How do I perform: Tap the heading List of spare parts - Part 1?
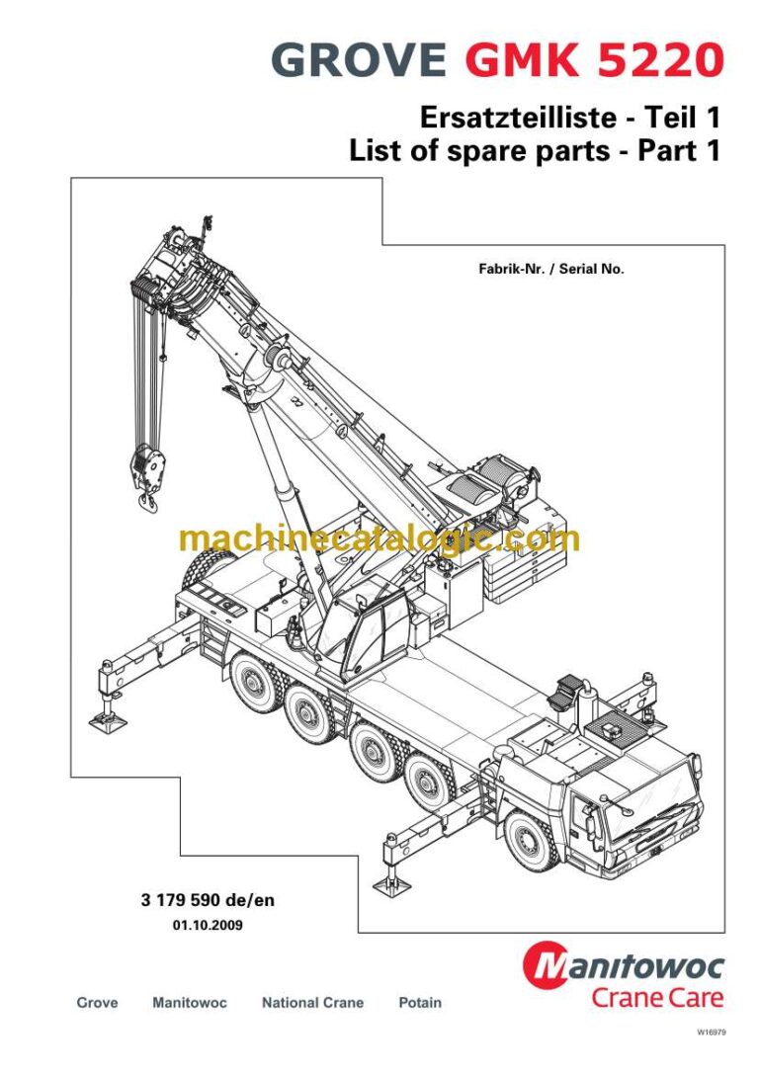[535, 151]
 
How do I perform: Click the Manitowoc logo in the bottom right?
[625, 965]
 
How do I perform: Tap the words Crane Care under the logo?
[657, 997]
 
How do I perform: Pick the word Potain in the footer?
[420, 1003]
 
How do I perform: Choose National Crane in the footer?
[312, 1003]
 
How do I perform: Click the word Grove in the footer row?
[97, 1003]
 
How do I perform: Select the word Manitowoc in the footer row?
[190, 1003]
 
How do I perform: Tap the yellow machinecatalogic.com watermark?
[379, 538]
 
